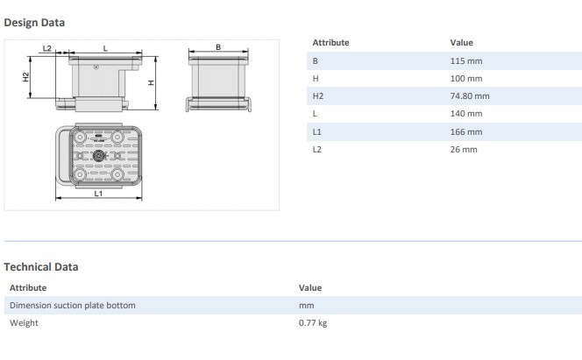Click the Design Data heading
34,22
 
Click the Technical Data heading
41,267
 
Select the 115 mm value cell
465,60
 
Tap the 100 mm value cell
465,78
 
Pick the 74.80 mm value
469,95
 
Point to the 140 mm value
465,114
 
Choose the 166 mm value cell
465,131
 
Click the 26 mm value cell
463,149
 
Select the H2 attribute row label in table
318,95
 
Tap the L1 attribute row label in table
317,131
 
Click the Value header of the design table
461,42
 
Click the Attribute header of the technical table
28,287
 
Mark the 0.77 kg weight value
314,323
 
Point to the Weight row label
24,323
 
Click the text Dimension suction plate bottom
72,305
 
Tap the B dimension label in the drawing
218,47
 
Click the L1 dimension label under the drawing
98,193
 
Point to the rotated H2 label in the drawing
25,78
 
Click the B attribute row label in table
316,60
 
